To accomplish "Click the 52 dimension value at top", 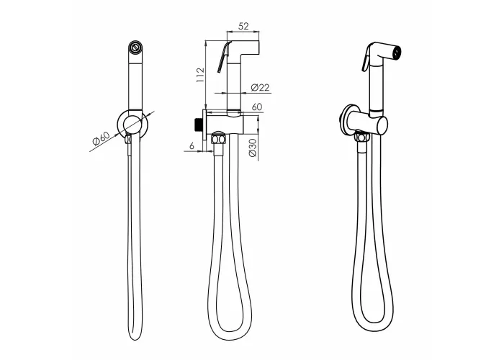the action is (243, 26).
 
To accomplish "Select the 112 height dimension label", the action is (200, 75).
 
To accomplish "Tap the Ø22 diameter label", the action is (260, 87).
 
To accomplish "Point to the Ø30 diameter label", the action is (253, 148).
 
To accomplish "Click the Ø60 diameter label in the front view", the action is (101, 138).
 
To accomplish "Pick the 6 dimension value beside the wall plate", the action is (192, 146).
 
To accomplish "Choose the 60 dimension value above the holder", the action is (257, 107).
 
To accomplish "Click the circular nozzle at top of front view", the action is (135, 47).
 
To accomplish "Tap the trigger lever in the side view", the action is (224, 57).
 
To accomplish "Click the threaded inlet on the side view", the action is (199, 125).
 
